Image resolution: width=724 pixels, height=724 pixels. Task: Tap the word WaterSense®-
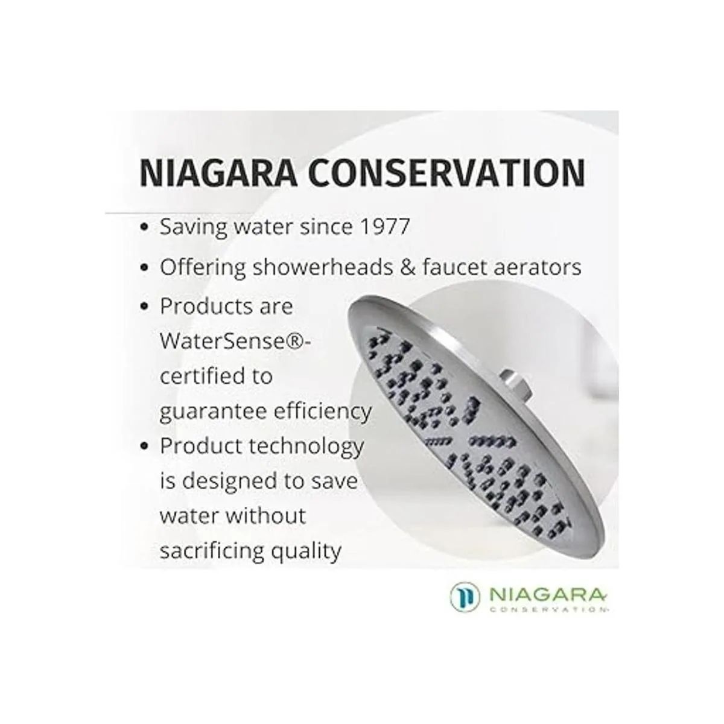click(235, 341)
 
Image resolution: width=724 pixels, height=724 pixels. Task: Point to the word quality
click(306, 551)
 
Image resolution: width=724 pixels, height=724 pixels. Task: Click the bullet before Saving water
click(144, 227)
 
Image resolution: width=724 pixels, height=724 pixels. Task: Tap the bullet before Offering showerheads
click(144, 268)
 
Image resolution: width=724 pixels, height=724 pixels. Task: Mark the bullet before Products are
click(144, 306)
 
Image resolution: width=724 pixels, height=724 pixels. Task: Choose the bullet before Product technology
click(144, 446)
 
